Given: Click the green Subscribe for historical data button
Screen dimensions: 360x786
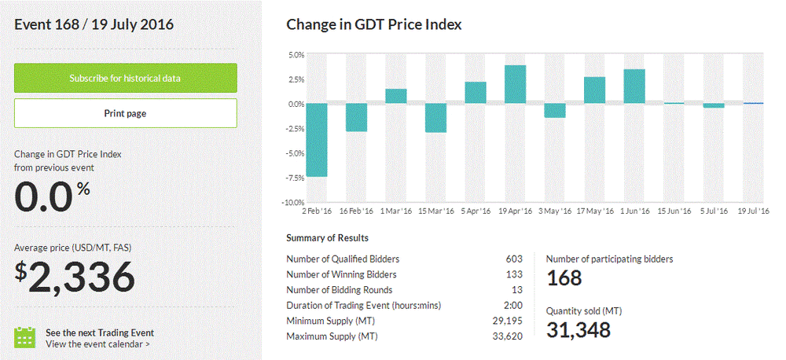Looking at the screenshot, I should click(126, 79).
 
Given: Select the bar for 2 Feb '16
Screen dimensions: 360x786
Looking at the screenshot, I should click(316, 140).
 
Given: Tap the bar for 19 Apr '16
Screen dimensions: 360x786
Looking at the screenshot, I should click(515, 84).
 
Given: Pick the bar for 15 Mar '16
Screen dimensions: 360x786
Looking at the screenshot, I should click(436, 118).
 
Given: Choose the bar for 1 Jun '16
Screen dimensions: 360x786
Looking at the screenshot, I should click(634, 86).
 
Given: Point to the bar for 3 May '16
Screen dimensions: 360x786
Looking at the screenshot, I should click(555, 111).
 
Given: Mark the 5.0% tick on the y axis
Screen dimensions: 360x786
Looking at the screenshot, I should click(296, 55).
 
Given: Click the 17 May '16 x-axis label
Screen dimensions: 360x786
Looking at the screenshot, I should click(596, 211).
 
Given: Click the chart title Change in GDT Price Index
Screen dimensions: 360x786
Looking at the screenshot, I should click(373, 24).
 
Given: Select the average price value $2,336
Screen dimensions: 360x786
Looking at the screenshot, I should click(75, 276).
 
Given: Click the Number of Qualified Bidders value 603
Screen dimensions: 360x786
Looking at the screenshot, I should click(514, 259).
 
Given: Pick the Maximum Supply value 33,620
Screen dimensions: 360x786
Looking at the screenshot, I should click(508, 336).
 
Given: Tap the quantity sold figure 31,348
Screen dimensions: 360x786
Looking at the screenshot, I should click(578, 330).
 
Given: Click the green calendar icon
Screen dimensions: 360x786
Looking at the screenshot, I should click(26, 337).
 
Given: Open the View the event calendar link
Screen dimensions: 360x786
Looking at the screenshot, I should click(97, 343).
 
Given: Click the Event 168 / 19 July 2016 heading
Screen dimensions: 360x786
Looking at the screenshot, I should click(94, 24).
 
